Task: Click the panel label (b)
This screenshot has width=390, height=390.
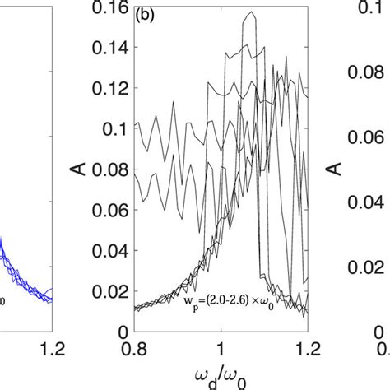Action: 144,17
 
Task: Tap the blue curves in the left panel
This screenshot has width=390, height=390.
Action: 16,272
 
